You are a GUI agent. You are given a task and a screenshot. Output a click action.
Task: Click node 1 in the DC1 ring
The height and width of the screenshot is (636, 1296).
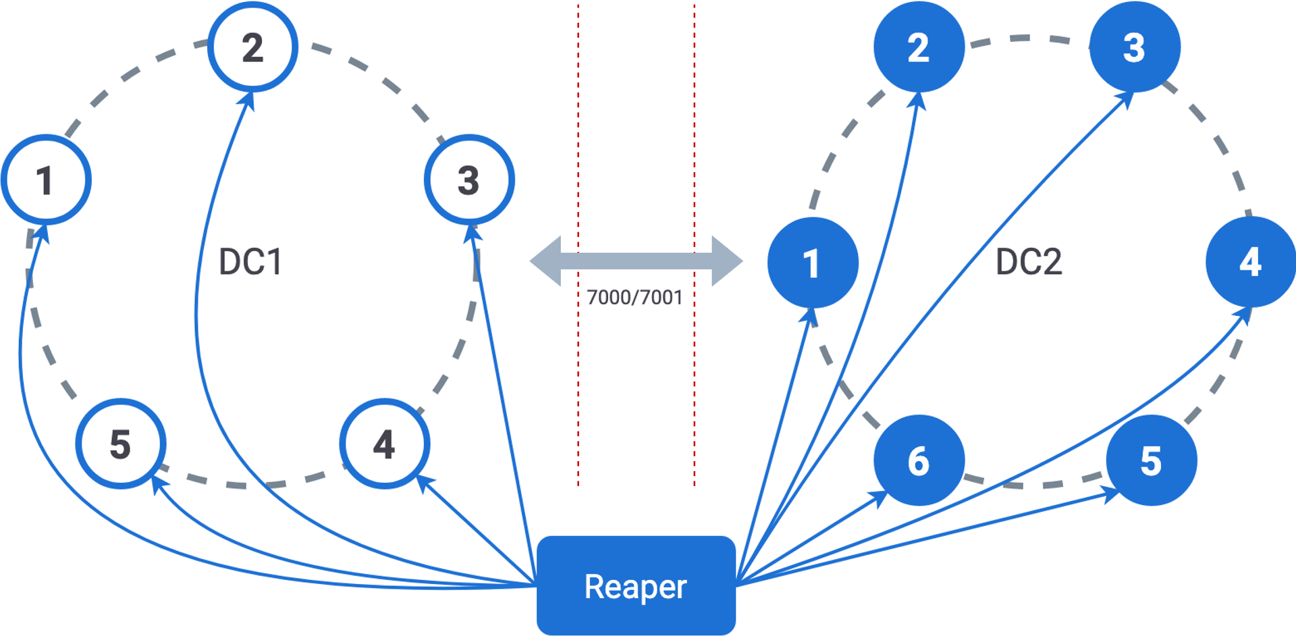tap(46, 180)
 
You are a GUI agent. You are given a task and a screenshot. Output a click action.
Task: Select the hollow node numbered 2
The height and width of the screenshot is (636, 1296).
tap(252, 47)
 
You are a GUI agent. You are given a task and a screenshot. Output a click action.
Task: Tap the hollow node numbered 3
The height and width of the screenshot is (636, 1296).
tap(469, 180)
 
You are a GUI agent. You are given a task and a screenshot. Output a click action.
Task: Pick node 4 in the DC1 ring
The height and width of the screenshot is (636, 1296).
tap(384, 444)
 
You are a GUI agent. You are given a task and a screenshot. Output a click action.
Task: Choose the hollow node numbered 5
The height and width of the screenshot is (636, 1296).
tap(120, 444)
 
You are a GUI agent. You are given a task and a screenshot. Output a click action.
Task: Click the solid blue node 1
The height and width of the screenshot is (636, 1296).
tap(813, 263)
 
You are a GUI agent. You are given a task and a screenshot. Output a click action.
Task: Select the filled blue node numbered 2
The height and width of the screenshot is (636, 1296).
tap(919, 47)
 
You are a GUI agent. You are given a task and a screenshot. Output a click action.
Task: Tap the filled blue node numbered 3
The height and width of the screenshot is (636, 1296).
tap(1135, 47)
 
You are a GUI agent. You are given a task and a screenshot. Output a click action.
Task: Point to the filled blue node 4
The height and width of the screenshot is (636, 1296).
tap(1251, 262)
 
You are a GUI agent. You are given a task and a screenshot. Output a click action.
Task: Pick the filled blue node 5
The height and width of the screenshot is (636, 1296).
tap(1152, 460)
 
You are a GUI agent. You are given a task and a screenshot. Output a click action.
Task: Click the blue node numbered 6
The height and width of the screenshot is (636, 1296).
tap(919, 460)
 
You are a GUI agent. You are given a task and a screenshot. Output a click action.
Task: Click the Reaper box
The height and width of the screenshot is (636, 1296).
tap(636, 585)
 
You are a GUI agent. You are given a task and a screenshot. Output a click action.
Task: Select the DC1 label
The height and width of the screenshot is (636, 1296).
tap(250, 262)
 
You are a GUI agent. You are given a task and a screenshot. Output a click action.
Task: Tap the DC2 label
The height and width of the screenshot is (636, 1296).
tap(1029, 262)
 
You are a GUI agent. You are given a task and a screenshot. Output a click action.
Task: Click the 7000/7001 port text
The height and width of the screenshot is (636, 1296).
tap(634, 297)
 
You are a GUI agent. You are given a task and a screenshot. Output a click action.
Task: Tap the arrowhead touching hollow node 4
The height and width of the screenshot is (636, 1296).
tap(424, 482)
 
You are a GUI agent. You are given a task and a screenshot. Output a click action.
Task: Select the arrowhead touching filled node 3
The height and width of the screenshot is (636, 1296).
tap(1125, 99)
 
